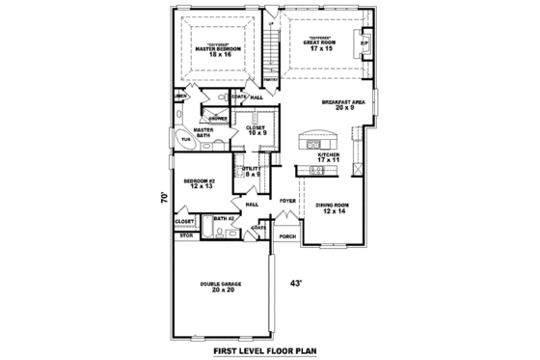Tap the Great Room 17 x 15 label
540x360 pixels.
pyautogui.click(x=317, y=42)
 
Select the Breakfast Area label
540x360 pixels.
pyautogui.click(x=342, y=104)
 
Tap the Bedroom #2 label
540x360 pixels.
pyautogui.click(x=202, y=183)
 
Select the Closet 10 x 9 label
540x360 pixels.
pyautogui.click(x=256, y=129)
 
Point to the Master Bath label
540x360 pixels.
pyautogui.click(x=202, y=131)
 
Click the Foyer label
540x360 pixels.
pyautogui.click(x=286, y=201)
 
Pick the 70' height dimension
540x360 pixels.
pyautogui.click(x=165, y=197)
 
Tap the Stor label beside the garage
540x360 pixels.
pyautogui.click(x=186, y=235)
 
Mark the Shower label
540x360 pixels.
pyautogui.click(x=218, y=118)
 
